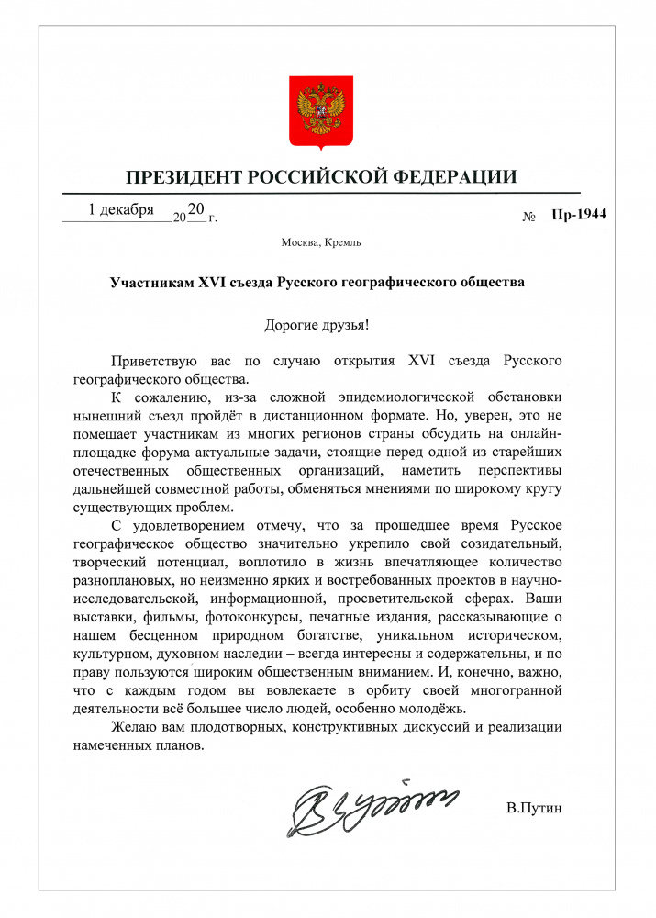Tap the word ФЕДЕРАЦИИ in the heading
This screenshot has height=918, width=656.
click(x=454, y=176)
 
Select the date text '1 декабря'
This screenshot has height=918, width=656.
click(x=121, y=210)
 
